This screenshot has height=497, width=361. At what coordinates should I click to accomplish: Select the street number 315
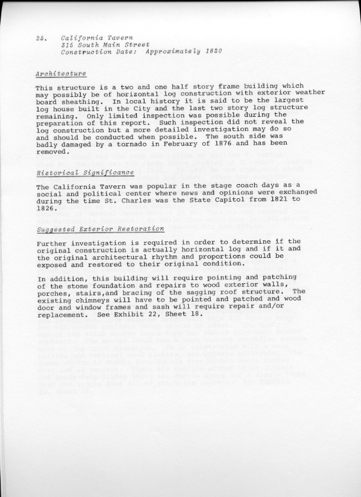(x=68, y=44)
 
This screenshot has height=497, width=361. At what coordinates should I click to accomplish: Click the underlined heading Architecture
(x=61, y=74)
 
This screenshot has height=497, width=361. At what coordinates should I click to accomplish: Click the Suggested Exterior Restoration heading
(x=100, y=228)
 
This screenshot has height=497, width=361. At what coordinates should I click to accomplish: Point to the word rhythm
(x=175, y=257)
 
